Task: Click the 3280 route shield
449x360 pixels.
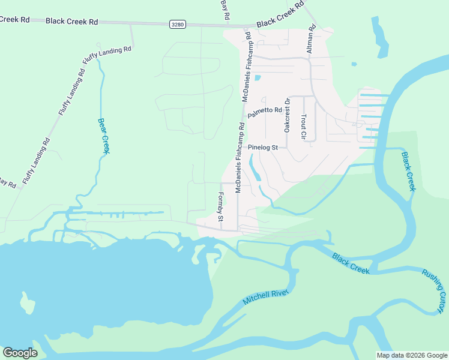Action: coord(177,24)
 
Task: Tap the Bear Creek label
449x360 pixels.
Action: coord(103,136)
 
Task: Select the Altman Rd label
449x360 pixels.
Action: coord(311,40)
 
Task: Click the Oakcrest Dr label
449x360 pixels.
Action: coord(287,115)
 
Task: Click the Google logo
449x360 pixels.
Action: coord(20,352)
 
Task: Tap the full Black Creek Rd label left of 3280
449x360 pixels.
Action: coord(71,21)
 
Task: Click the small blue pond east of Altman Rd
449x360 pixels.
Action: coord(354,64)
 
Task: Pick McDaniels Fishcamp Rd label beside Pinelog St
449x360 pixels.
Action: coord(240,158)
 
